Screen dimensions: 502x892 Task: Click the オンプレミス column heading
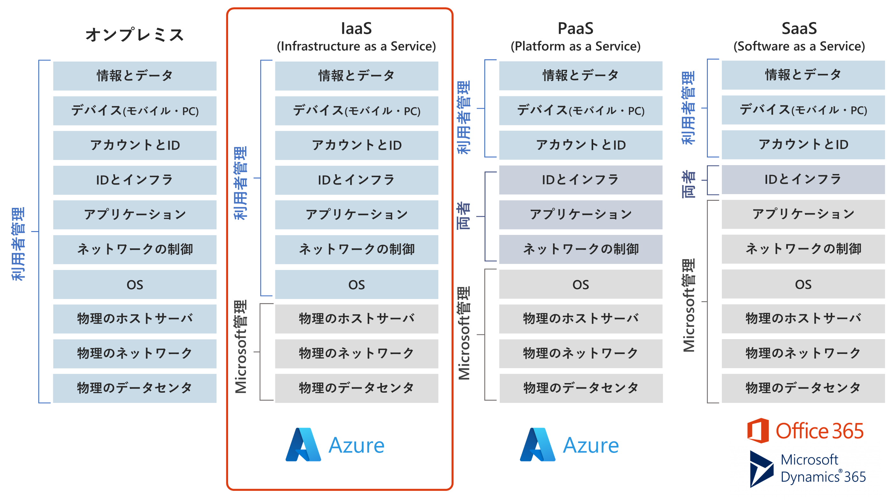pyautogui.click(x=134, y=35)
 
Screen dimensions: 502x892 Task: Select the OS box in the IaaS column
pyautogui.click(x=356, y=284)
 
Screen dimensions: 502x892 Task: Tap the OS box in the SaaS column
pyautogui.click(x=803, y=284)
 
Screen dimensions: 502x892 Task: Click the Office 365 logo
pyautogui.click(x=805, y=431)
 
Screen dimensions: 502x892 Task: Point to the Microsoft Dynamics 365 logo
pyautogui.click(x=807, y=469)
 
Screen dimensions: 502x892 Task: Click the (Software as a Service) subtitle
pyautogui.click(x=799, y=46)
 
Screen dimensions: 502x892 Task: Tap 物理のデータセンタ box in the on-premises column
pyautogui.click(x=134, y=388)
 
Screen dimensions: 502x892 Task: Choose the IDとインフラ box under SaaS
pyautogui.click(x=803, y=179)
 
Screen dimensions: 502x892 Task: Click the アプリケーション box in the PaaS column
pyautogui.click(x=581, y=215)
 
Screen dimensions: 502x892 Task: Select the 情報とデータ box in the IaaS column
pyautogui.click(x=356, y=76)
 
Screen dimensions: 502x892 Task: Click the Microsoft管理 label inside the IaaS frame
pyautogui.click(x=240, y=346)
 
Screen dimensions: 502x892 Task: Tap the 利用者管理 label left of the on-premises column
pyautogui.click(x=18, y=244)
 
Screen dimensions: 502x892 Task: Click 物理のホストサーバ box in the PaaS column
pyautogui.click(x=581, y=319)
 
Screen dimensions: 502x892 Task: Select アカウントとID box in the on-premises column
pyautogui.click(x=134, y=145)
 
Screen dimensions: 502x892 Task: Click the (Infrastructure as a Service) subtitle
pyautogui.click(x=356, y=46)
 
